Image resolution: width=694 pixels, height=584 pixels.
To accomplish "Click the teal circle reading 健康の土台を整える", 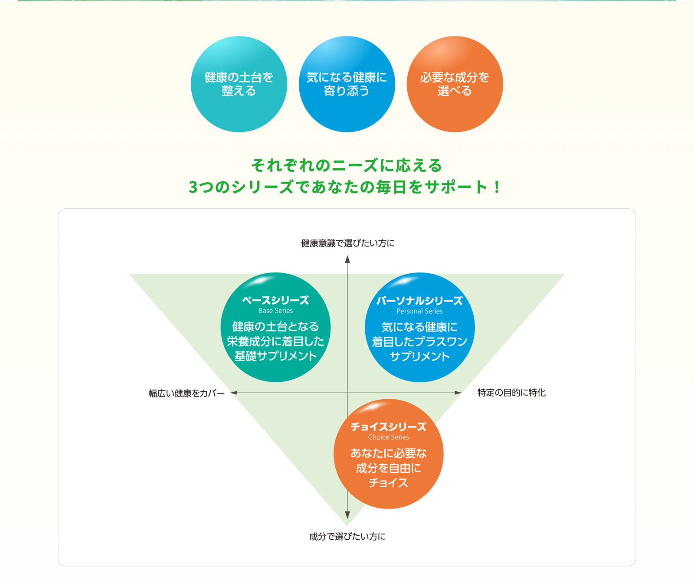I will point(239,84).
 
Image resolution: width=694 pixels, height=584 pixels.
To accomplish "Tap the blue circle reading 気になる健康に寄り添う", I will point(347,84).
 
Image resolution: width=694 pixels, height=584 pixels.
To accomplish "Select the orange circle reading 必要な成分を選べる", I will point(455,84).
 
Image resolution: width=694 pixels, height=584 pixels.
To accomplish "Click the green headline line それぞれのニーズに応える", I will point(347,166).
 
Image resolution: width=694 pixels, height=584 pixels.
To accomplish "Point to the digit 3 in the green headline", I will point(193,187).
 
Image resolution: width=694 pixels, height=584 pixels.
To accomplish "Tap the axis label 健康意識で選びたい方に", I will point(347,243).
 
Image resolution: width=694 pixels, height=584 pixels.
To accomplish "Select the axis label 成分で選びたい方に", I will point(347,537).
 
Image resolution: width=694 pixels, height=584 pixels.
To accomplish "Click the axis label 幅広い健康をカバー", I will point(187,394).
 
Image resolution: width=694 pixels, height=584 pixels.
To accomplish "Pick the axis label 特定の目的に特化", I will point(511,393).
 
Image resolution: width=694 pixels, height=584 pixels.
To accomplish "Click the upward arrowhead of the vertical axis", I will point(347,259).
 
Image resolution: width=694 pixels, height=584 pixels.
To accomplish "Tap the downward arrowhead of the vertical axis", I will point(347,515).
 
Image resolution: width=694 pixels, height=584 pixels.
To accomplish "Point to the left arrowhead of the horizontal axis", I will point(234,393).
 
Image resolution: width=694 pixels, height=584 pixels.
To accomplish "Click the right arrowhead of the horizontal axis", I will point(458,393).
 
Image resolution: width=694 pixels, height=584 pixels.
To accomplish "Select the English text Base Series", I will point(275,311).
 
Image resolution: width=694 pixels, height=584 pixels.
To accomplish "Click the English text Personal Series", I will point(419,311).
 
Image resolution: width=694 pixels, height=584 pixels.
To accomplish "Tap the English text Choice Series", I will point(388,437).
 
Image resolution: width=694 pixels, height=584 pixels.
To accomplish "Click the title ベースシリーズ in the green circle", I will point(275,300).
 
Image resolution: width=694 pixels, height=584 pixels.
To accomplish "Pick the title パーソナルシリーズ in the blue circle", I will point(419,301).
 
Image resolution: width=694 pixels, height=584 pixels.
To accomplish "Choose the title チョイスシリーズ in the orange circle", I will point(388,427).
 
